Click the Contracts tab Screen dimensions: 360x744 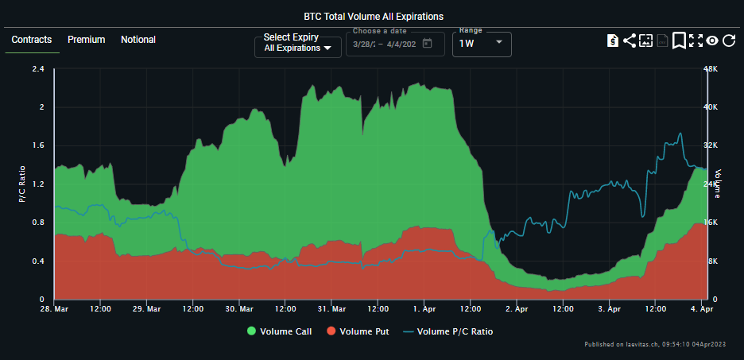coord(32,40)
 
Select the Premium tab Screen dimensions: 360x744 coord(86,40)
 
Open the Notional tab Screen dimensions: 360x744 coord(138,40)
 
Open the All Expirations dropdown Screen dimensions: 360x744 coord(298,48)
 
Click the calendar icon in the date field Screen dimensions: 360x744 coord(428,44)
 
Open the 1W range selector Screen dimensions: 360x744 coord(482,44)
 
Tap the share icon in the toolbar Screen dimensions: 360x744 coord(629,41)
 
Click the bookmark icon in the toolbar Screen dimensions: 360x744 coord(679,41)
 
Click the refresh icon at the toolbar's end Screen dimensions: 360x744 coord(728,41)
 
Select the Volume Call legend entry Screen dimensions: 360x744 coord(280,331)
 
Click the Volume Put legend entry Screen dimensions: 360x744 coord(358,331)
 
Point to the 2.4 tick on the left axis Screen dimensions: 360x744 coord(37,69)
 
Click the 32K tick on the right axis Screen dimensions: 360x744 coord(710,145)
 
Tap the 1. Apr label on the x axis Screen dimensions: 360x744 coord(424,308)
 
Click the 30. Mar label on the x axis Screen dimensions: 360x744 coord(239,308)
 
